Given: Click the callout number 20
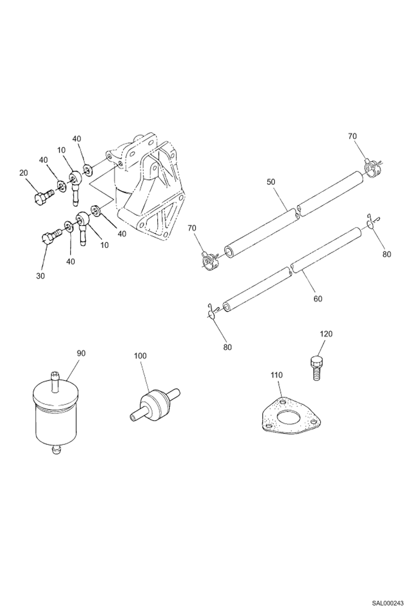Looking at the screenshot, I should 24,173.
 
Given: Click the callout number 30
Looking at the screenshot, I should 40,276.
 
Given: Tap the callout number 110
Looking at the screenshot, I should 277,375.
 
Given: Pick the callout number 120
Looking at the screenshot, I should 326,334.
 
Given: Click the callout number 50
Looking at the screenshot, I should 271,182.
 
